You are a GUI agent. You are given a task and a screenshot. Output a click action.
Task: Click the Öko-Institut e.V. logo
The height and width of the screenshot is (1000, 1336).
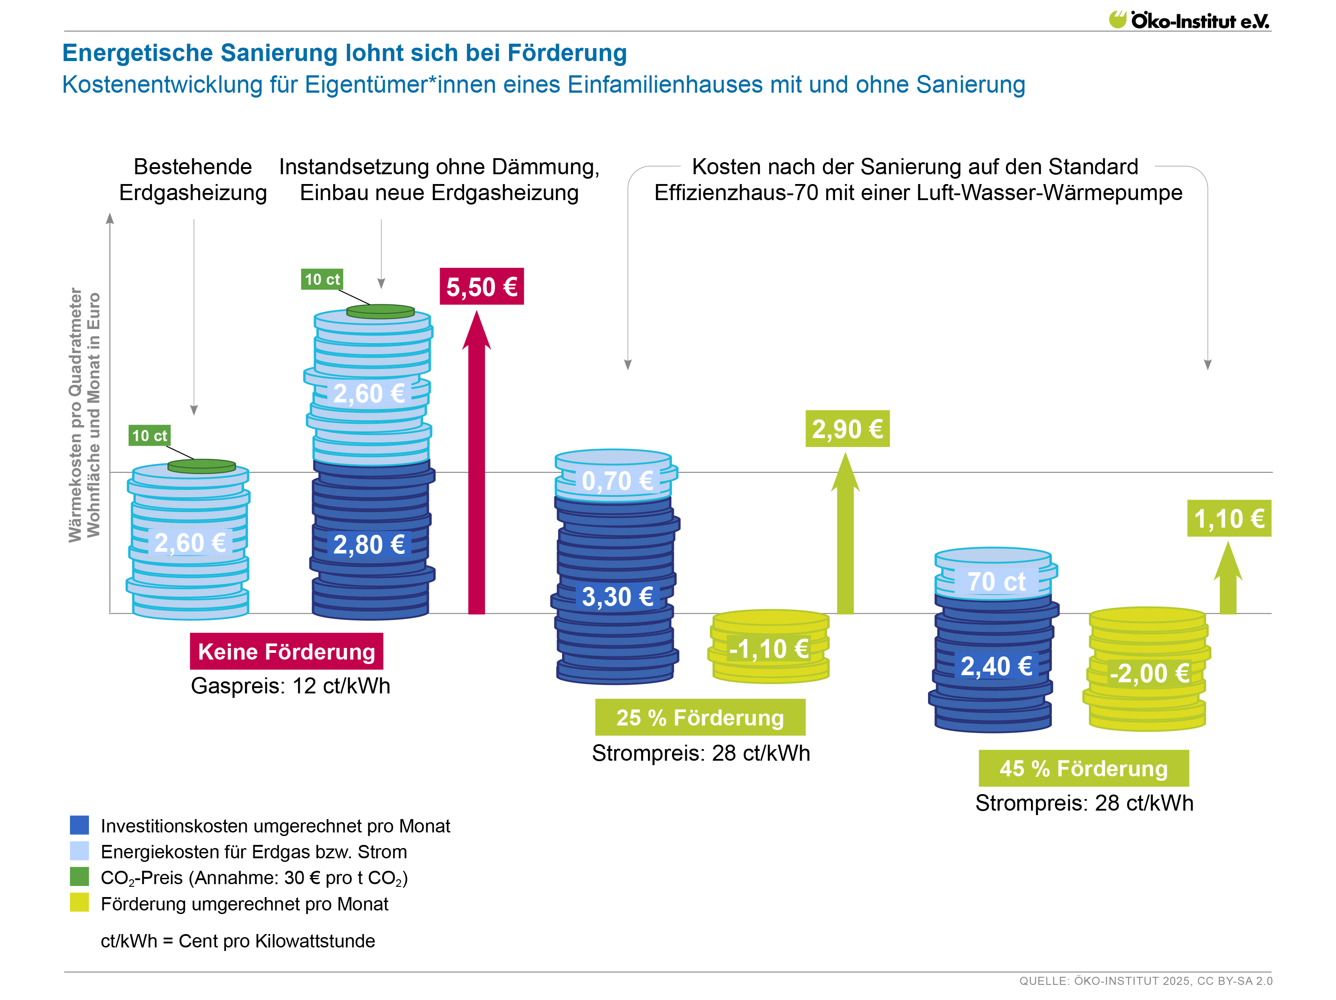point(1188,20)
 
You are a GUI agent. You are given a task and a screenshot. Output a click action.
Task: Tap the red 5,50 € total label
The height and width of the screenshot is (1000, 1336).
point(481,287)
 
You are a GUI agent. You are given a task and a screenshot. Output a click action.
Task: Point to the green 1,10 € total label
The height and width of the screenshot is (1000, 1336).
point(1229,518)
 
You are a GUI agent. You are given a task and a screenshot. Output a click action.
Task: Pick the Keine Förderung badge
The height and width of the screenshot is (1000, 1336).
point(286,652)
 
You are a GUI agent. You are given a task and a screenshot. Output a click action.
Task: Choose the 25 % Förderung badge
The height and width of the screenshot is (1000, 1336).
point(700,717)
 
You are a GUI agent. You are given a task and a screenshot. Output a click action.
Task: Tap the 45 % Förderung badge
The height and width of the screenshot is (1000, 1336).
point(1083,768)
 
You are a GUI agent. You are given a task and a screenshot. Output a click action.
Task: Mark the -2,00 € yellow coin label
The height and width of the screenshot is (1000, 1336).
point(1149,673)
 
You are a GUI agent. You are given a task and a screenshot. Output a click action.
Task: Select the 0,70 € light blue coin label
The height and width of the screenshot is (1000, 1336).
point(617,481)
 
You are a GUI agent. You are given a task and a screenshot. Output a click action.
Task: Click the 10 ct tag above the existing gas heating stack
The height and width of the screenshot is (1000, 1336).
point(149,436)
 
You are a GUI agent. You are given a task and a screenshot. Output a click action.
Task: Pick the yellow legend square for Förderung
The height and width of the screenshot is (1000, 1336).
point(79,903)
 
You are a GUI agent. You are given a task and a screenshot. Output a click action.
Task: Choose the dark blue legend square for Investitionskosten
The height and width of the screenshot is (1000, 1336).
point(79,825)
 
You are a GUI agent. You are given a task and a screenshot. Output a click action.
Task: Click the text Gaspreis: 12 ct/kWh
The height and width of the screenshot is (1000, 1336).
point(290,686)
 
